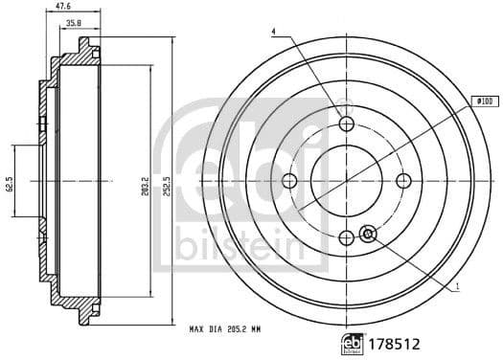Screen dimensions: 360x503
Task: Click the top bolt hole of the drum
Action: tap(347, 124)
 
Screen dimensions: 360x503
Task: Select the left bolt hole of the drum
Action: tap(291, 181)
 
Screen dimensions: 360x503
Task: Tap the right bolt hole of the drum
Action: tap(403, 181)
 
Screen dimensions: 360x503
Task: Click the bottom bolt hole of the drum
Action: tap(347, 237)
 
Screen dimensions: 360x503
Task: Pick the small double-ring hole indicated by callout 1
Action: tap(367, 233)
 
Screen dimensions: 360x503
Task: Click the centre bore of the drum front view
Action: tap(347, 181)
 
